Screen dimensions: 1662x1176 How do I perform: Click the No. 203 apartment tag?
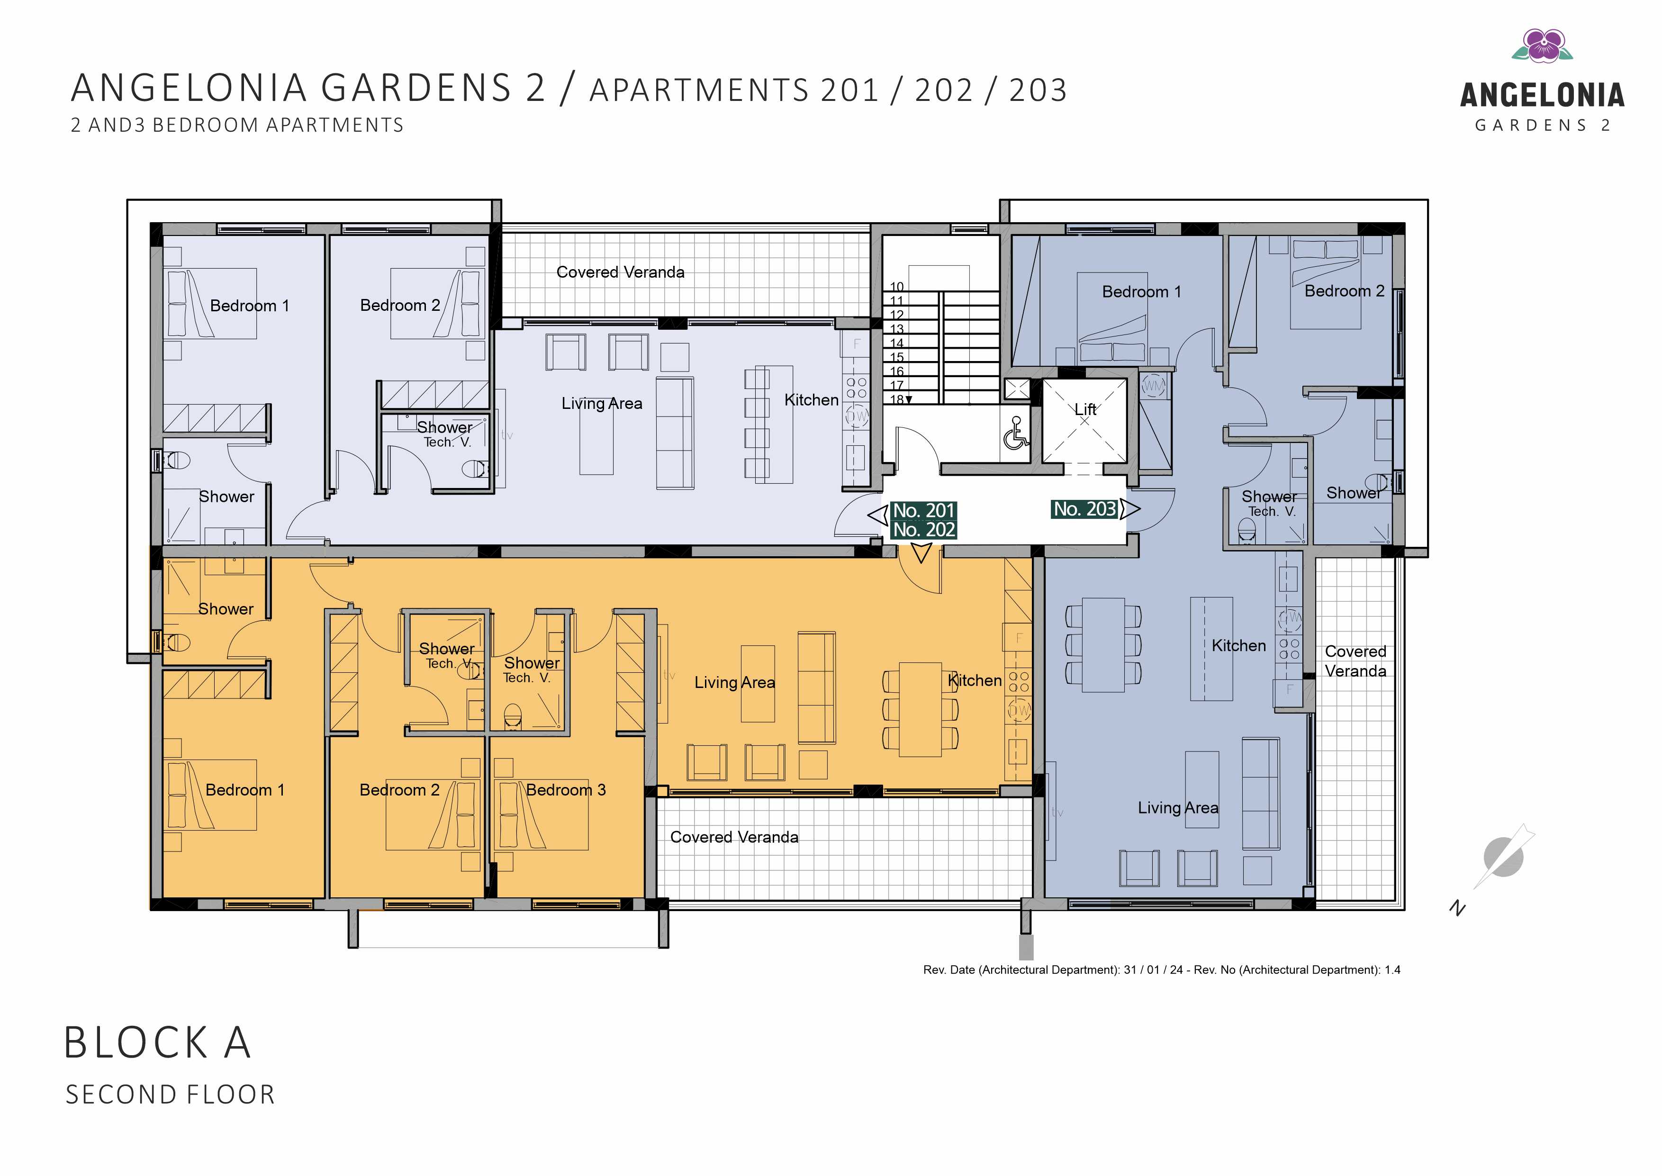pyautogui.click(x=1084, y=509)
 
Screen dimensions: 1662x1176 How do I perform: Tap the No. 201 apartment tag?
pyautogui.click(x=924, y=510)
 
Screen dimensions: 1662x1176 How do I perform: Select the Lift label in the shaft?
pyautogui.click(x=1085, y=409)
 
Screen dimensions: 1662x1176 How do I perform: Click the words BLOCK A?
pyautogui.click(x=157, y=1043)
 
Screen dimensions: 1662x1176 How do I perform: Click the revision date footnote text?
pyautogui.click(x=1162, y=969)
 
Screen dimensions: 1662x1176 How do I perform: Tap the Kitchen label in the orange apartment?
pyautogui.click(x=975, y=680)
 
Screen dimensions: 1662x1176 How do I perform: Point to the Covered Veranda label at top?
pyautogui.click(x=620, y=272)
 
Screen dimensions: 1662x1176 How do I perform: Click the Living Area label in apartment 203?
pyautogui.click(x=1178, y=807)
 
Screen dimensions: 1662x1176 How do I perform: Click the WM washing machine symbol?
pyautogui.click(x=1153, y=386)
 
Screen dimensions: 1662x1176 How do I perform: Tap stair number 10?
pyautogui.click(x=897, y=287)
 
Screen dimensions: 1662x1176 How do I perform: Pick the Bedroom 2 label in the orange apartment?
pyautogui.click(x=399, y=790)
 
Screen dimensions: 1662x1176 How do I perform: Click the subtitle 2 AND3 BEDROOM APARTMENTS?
pyautogui.click(x=237, y=125)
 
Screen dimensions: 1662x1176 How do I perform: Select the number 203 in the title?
pyautogui.click(x=1038, y=90)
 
